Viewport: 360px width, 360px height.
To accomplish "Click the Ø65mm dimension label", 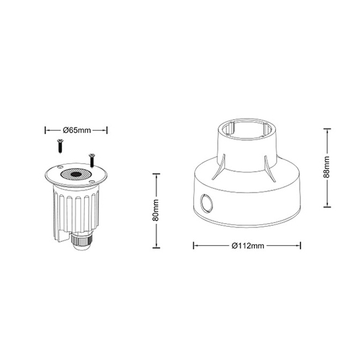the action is pos(77,130).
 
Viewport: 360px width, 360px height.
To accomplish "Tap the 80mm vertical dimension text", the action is pos(156,210).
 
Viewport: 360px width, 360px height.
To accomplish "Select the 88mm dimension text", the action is pos(326,167).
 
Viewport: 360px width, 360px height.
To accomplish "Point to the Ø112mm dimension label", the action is pos(248,246).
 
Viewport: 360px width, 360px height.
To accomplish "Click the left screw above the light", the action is pos(61,146).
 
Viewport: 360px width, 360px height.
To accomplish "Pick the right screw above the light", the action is pos(92,160).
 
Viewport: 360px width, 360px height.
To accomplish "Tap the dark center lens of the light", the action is pos(76,174).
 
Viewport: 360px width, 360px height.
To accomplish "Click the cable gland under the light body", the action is pos(82,241).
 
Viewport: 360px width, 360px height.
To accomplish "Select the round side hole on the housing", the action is pos(206,203).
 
